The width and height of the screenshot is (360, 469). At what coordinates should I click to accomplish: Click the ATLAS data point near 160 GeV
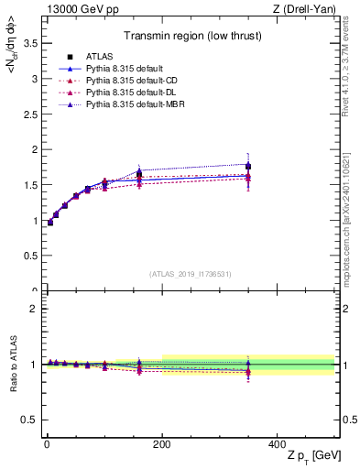coord(139,173)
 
